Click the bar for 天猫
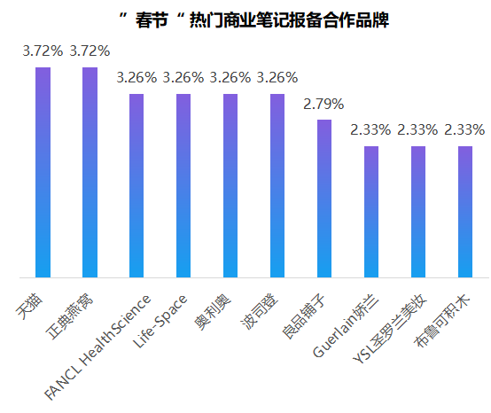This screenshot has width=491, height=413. point(43,172)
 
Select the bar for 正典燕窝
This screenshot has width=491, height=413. point(90,172)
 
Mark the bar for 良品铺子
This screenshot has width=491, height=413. point(324,199)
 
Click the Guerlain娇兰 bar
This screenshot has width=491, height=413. point(371,212)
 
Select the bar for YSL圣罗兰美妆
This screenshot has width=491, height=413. point(418,212)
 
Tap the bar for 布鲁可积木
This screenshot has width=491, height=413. point(465,212)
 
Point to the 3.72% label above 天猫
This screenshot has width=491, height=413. point(43,51)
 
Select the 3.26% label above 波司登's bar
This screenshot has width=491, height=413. point(277,78)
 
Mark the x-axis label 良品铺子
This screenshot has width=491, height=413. point(306,306)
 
